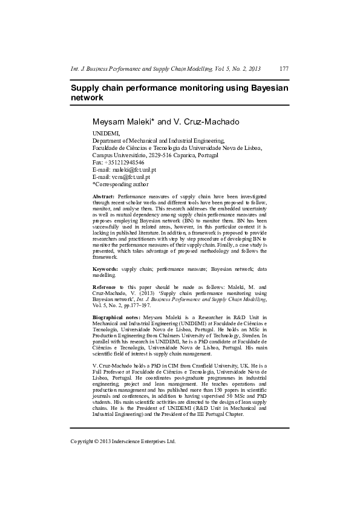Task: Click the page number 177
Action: click(x=284, y=68)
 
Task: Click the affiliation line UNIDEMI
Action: click(x=106, y=133)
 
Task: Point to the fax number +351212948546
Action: click(x=124, y=163)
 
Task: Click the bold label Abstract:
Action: click(x=103, y=197)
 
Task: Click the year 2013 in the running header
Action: click(x=255, y=68)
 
